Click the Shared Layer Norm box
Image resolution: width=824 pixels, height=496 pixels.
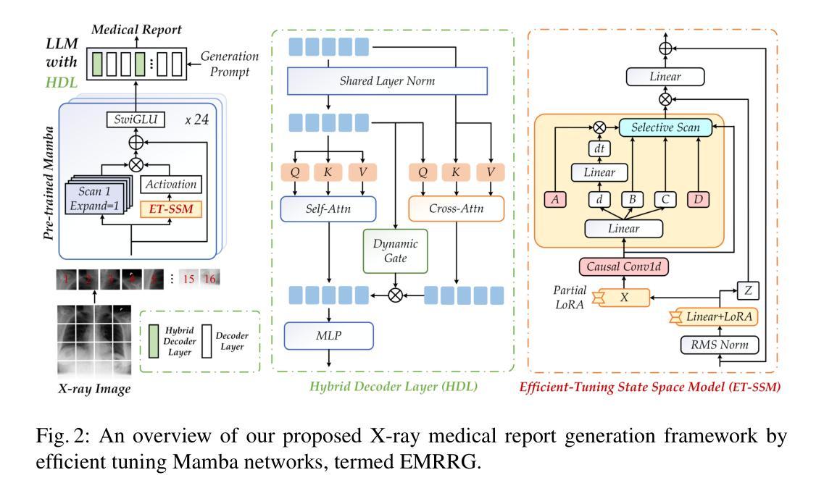pos(387,81)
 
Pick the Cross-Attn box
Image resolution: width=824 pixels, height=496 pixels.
pos(455,209)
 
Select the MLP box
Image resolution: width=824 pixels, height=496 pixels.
pos(328,335)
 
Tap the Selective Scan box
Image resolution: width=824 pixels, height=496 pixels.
pos(666,128)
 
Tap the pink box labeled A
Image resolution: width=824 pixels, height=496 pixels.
pos(556,199)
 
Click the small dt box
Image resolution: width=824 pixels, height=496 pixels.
pos(599,148)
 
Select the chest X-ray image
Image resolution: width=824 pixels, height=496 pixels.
pos(94,337)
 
